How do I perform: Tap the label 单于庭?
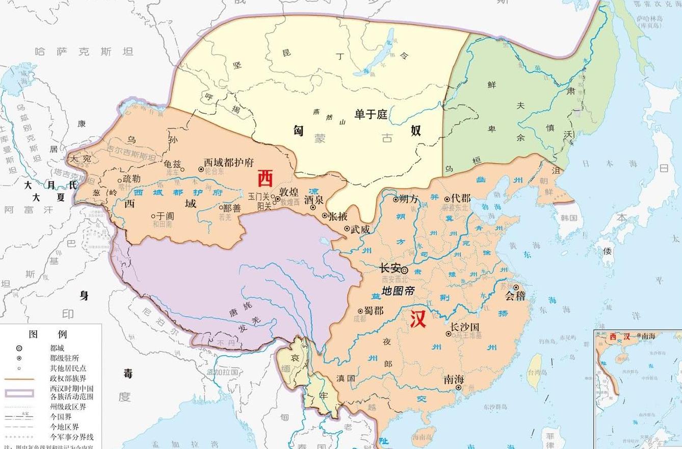click(x=371, y=114)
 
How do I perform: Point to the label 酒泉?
click(x=314, y=200)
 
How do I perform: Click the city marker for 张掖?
click(x=325, y=216)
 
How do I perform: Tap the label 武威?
click(x=360, y=229)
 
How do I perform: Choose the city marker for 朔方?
click(x=396, y=199)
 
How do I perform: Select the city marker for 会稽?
click(x=516, y=287)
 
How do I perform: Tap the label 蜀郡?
click(x=374, y=310)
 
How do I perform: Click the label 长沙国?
click(x=465, y=327)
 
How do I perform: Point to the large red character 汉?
click(x=418, y=320)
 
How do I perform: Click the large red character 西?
click(x=265, y=178)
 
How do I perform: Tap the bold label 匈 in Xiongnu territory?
click(x=299, y=130)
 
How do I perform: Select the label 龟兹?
click(x=172, y=164)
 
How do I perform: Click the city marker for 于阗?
click(x=153, y=216)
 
